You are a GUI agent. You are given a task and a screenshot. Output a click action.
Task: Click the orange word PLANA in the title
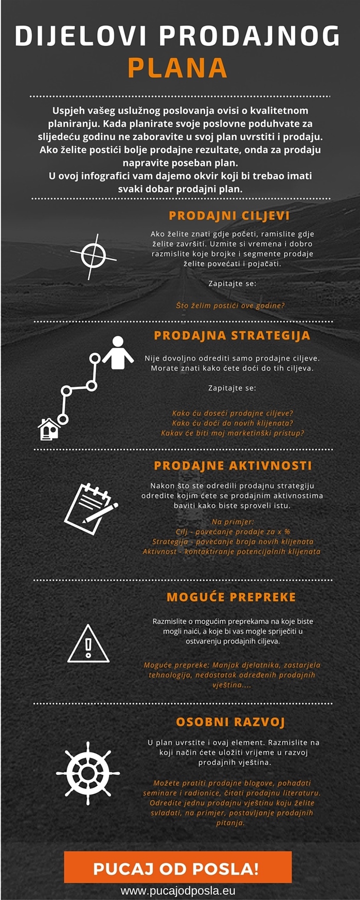177,68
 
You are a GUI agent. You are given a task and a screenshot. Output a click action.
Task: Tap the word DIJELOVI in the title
81,37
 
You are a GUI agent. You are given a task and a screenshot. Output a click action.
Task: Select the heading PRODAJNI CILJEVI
229,216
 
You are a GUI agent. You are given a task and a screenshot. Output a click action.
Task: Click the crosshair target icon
93,256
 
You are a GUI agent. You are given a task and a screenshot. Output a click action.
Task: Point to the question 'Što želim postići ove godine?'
230,305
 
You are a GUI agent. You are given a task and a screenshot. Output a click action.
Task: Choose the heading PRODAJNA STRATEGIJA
232,336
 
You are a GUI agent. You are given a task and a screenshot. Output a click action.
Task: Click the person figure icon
118,353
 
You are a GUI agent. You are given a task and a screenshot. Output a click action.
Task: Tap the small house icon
49,429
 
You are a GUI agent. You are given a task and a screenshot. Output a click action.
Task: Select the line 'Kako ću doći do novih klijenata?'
232,423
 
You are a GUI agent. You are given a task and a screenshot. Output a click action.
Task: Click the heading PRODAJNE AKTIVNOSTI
233,466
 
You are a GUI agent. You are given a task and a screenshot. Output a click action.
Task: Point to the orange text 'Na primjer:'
233,522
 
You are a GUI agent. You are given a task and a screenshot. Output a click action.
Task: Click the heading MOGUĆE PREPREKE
231,598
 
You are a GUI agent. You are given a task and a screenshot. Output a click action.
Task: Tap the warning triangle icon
88,644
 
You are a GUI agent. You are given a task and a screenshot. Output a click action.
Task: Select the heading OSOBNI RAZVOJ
230,723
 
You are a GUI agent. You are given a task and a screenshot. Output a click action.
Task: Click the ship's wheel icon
88,773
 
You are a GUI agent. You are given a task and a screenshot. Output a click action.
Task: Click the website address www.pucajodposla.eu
178,891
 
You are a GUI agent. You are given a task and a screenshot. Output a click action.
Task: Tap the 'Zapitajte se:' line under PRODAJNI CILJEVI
232,283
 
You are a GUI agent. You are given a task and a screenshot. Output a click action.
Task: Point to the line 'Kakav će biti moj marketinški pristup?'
232,433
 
